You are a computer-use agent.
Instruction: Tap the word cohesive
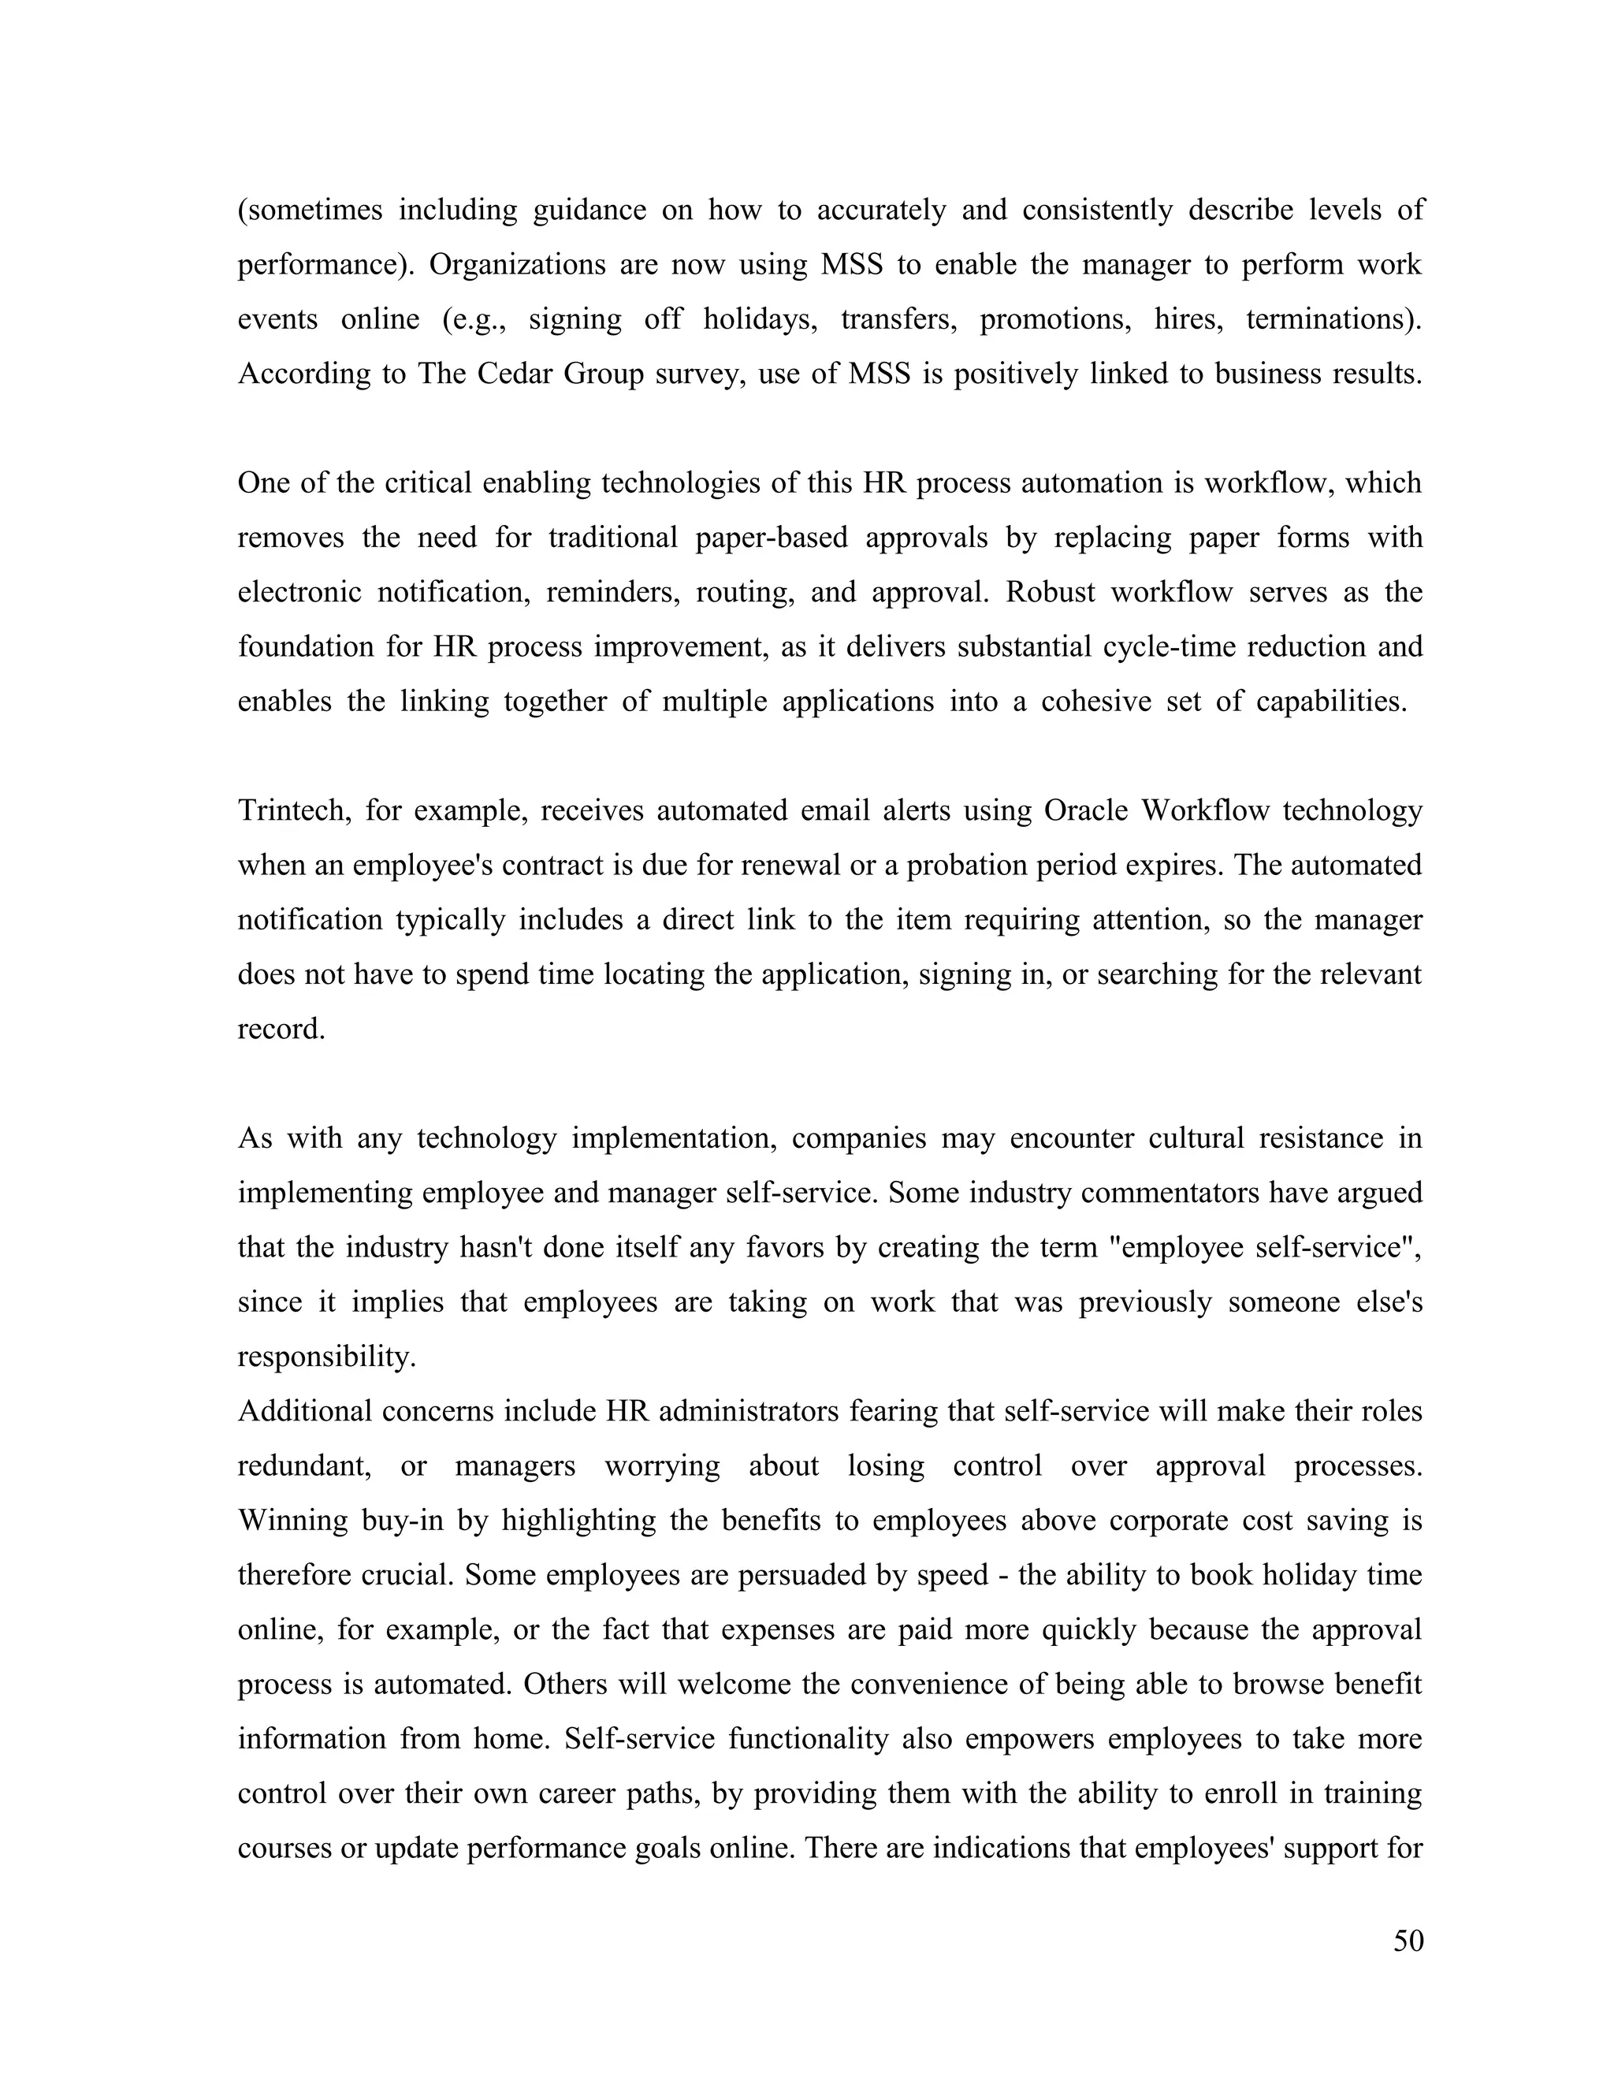1095,701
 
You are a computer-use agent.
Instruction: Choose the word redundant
304,1466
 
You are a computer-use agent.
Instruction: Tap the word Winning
292,1521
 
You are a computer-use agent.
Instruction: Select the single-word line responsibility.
327,1357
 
